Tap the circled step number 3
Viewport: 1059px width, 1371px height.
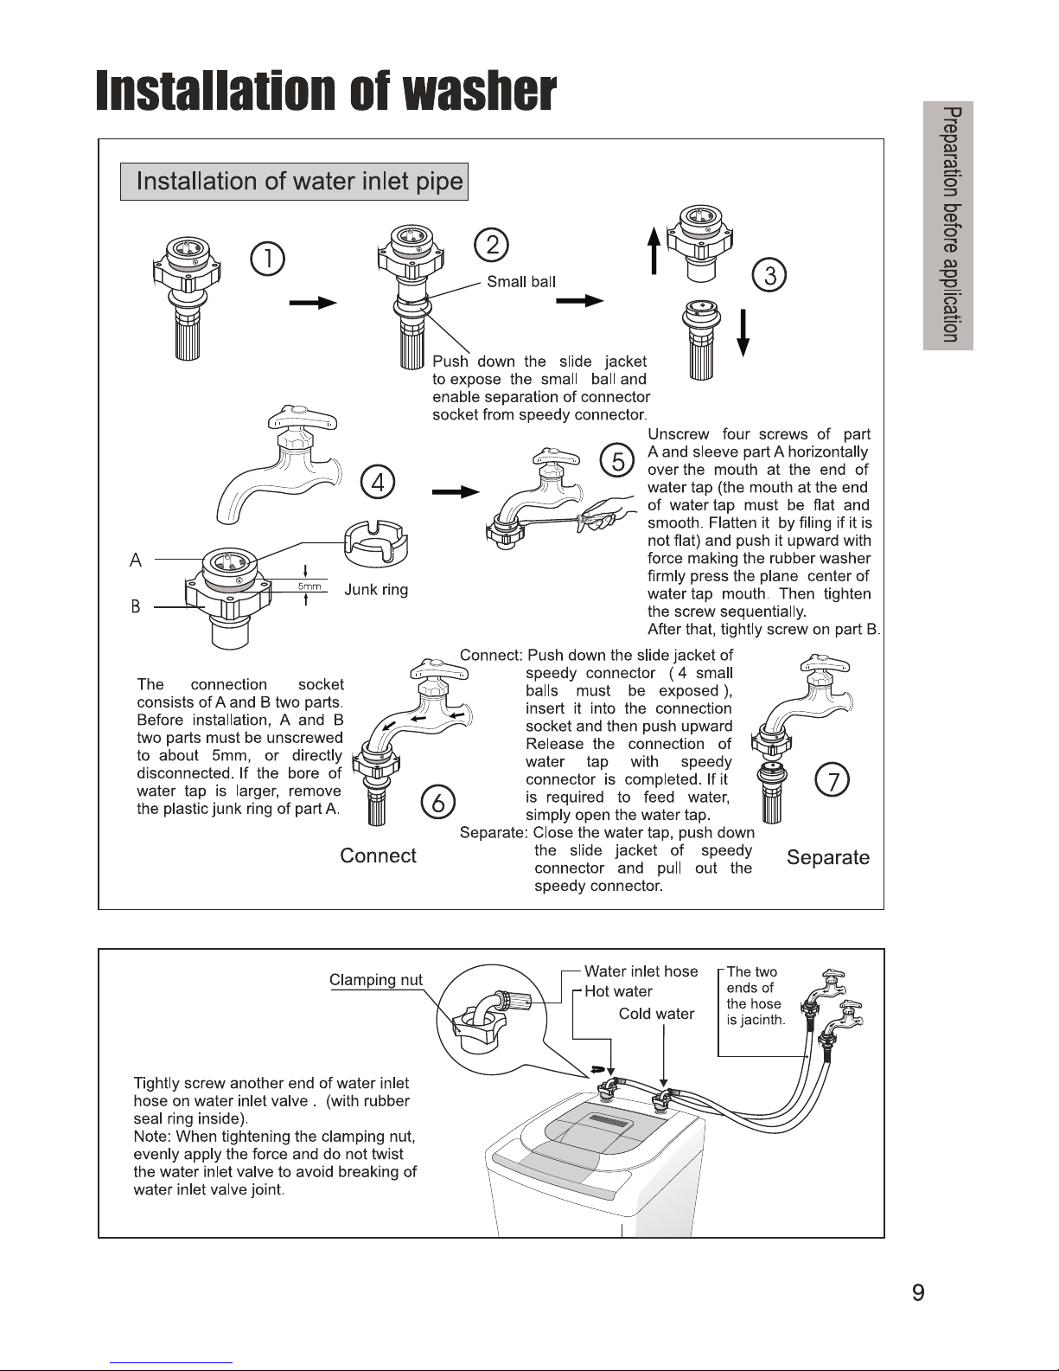coord(769,276)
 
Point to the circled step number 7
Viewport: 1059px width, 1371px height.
coord(833,782)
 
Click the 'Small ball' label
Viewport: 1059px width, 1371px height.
coord(521,281)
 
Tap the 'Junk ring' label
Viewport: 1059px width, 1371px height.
coord(376,590)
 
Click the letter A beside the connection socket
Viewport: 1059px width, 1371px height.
coord(136,561)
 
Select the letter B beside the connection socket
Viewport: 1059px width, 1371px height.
coord(136,607)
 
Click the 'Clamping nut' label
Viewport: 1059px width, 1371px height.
coord(376,980)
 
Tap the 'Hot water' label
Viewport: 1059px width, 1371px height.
coord(618,991)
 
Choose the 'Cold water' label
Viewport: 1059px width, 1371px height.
coord(656,1014)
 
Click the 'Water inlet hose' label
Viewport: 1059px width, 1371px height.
coord(641,971)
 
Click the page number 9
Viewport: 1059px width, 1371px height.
coord(918,1293)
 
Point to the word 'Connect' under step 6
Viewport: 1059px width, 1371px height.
coord(378,855)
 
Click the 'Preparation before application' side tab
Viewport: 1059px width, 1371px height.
coord(948,226)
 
